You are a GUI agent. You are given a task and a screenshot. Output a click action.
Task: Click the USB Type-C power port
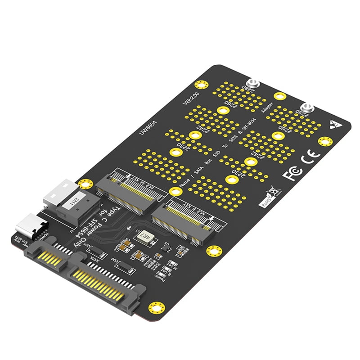(x=34, y=227)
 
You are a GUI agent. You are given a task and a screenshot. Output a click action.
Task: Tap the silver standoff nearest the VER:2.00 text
(x=253, y=84)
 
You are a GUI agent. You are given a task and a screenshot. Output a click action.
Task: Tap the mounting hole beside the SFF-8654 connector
(x=83, y=184)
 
